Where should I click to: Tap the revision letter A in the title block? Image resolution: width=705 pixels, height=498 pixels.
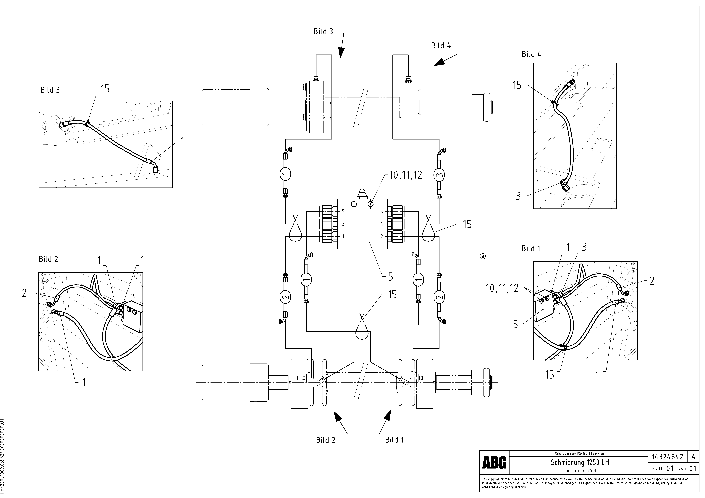693,457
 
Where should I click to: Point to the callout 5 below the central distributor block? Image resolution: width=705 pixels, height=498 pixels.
391,277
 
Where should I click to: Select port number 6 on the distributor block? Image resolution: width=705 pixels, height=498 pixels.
382,212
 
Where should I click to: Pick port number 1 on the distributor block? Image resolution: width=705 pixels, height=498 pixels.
343,236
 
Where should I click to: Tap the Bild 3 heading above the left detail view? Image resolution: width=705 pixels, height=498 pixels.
50,90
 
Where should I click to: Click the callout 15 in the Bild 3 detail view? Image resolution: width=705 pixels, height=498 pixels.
105,89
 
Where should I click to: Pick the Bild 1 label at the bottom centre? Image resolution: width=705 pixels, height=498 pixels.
394,440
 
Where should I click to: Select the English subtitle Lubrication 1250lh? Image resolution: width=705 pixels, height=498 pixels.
579,470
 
